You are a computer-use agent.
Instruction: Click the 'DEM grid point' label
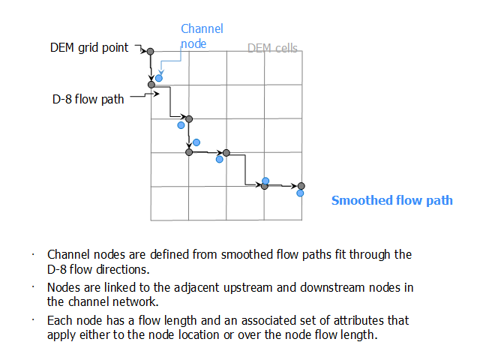coord(89,48)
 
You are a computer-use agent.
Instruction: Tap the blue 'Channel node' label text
coord(202,36)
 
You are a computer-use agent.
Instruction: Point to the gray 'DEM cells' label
coord(272,48)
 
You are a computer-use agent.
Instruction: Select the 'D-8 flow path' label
coord(88,100)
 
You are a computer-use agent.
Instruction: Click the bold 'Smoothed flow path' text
coord(391,200)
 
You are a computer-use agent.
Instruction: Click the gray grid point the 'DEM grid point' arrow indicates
coord(150,52)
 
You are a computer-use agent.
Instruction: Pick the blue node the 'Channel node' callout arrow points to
coord(159,78)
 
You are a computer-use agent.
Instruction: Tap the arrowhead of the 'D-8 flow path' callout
coord(157,94)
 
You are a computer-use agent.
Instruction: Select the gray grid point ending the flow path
coord(301,186)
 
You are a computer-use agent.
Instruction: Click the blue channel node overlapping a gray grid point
coord(265,181)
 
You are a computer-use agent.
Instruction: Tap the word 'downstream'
coord(333,288)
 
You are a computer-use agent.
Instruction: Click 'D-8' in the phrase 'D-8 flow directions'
coord(57,269)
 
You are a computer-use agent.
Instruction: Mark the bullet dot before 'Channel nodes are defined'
coord(33,254)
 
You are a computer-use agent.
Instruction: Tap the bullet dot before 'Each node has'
coord(33,320)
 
